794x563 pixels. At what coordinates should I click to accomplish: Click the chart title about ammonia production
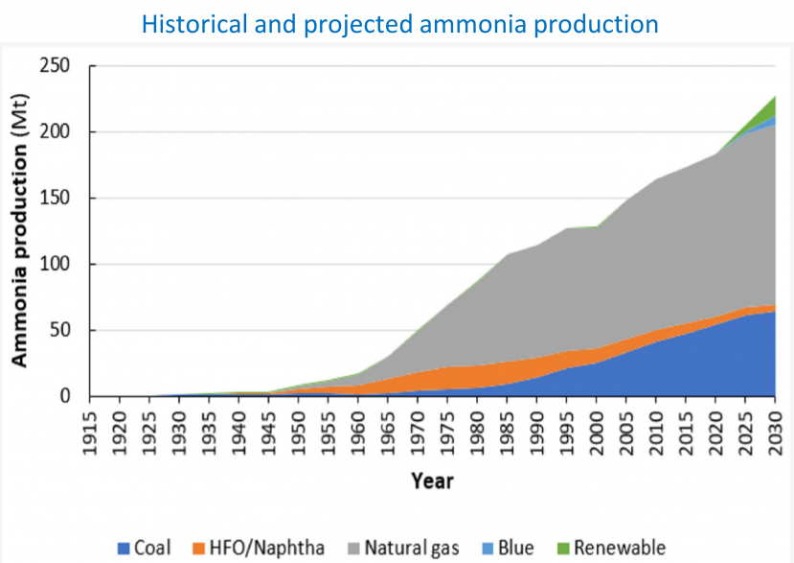[396, 23]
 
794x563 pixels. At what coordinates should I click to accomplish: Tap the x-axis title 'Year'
[432, 480]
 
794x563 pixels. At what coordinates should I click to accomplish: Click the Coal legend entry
[143, 548]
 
